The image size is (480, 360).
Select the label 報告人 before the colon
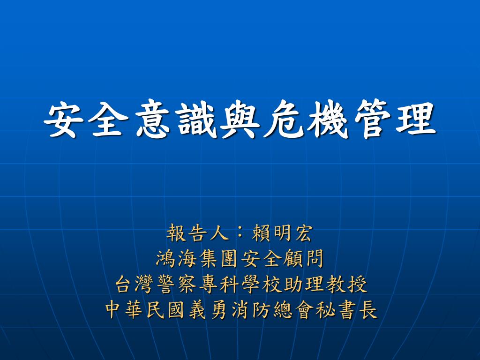coord(197,233)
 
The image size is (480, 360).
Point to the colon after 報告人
coord(240,233)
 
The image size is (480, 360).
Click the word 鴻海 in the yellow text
coord(176,259)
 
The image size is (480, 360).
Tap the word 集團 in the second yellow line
coord(218,259)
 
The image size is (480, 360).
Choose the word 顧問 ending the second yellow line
coord(303,259)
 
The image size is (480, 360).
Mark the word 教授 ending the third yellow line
coord(346,285)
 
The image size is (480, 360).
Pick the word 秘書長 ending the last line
coord(346,310)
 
